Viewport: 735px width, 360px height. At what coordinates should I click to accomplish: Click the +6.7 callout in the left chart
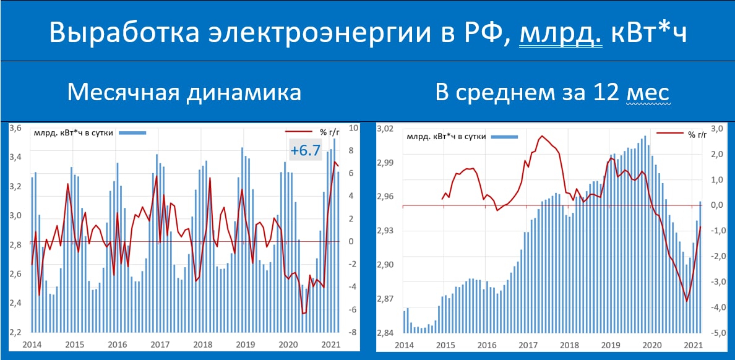[x=305, y=150]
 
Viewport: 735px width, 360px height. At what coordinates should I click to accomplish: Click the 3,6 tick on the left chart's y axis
[x=17, y=128]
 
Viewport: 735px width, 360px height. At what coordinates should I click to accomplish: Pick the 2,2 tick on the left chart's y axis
[x=17, y=332]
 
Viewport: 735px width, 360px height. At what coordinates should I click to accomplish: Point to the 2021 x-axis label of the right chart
[x=693, y=345]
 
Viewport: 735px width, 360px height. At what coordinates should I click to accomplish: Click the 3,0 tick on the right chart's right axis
[x=718, y=129]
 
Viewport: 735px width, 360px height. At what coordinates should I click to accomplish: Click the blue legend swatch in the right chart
[x=504, y=137]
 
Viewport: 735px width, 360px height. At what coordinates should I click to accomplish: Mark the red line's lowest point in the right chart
[x=687, y=301]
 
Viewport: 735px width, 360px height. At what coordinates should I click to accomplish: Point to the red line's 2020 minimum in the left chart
[x=303, y=313]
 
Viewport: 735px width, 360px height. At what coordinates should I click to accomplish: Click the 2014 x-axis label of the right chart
[x=403, y=345]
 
